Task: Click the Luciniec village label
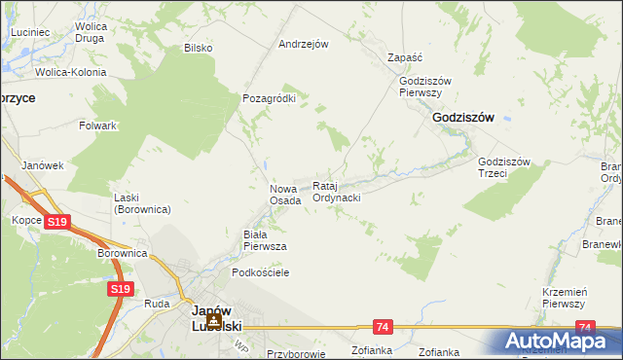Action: point(30,32)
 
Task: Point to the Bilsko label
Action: point(198,48)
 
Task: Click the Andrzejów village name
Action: point(304,44)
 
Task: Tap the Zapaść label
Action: point(403,57)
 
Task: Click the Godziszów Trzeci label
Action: point(503,167)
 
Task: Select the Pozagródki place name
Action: point(269,98)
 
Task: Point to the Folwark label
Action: point(98,126)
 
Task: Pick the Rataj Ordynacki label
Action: point(337,192)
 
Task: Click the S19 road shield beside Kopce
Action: point(57,223)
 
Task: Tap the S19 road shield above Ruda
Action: point(120,289)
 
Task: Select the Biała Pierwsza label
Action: point(264,240)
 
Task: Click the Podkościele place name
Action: point(257,273)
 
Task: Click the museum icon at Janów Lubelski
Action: point(212,320)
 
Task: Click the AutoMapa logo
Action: point(556,341)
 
